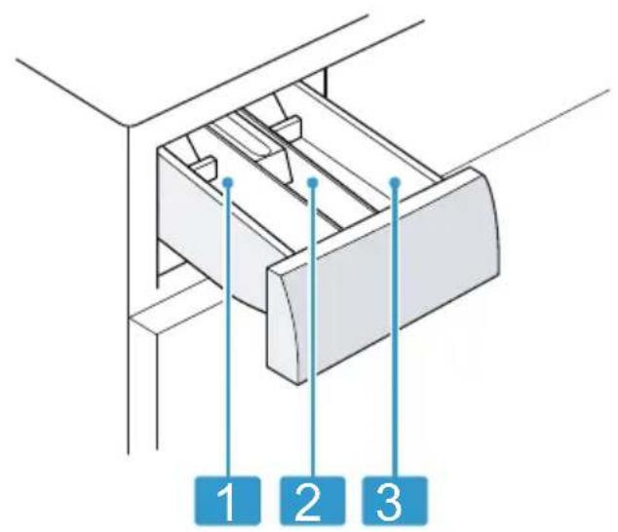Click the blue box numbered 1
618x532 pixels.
point(228,501)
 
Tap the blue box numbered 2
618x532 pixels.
point(311,501)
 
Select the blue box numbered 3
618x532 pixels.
point(395,501)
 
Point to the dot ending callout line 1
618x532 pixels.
point(228,181)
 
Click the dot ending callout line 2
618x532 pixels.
point(313,181)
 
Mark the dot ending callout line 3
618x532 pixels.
point(396,181)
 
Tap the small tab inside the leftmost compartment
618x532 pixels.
point(204,167)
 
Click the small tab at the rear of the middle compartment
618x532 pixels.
point(286,126)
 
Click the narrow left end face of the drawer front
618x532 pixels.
point(282,323)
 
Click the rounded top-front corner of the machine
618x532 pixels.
point(130,126)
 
